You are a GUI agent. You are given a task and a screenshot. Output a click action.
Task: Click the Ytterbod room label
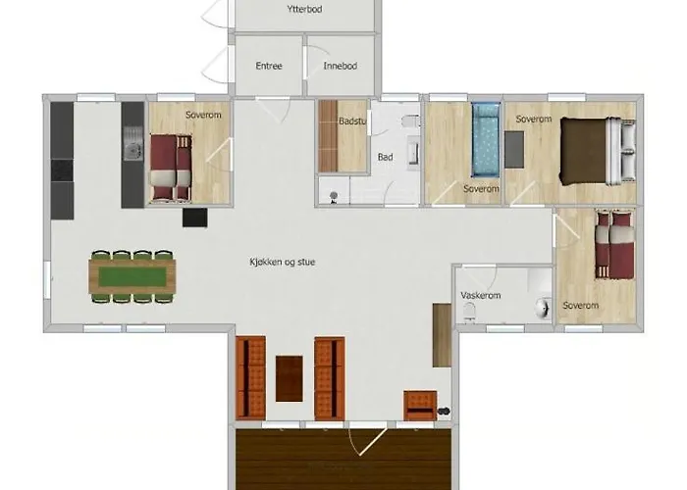304,9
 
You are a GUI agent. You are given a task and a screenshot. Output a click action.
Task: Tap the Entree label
269,66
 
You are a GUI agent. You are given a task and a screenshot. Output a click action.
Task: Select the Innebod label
340,66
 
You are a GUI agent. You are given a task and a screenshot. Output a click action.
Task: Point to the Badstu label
351,122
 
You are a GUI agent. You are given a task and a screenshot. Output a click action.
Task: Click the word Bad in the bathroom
385,157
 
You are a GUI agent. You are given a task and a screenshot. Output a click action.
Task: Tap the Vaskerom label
480,295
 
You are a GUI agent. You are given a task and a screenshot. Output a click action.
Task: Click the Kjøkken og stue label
283,262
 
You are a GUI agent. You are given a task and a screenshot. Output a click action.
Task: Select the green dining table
132,276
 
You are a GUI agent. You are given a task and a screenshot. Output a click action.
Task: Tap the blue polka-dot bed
486,140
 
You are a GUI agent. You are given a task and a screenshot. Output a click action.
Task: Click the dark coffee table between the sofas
290,378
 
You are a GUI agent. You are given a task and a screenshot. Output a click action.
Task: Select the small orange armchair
420,406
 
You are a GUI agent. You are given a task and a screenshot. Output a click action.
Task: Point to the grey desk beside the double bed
514,150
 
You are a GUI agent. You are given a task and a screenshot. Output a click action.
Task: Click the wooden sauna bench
328,136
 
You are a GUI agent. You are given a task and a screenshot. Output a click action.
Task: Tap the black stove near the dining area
195,218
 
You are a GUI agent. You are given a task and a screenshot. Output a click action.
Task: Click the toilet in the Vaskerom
469,312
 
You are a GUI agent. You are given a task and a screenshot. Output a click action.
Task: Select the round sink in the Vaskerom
543,308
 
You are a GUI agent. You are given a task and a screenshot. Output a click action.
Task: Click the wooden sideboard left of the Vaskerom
442,335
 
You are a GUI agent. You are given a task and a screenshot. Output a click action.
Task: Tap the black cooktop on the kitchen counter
62,171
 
